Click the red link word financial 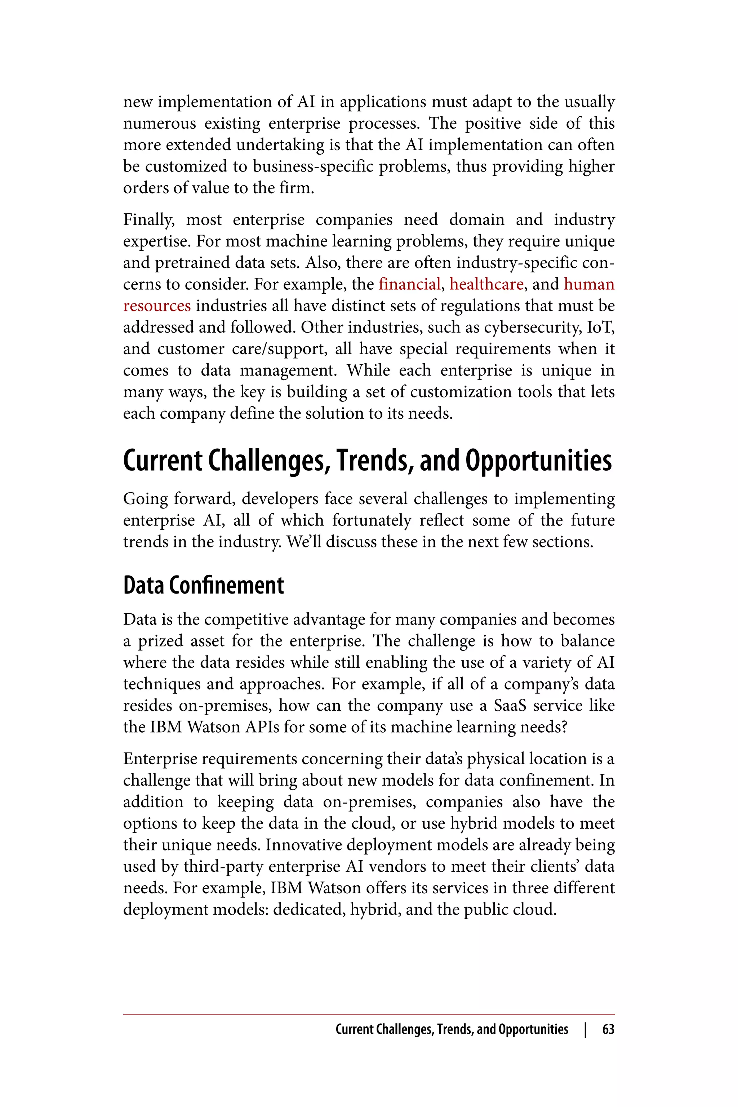(x=409, y=284)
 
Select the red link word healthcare (x=486, y=284)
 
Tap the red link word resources (x=157, y=306)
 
